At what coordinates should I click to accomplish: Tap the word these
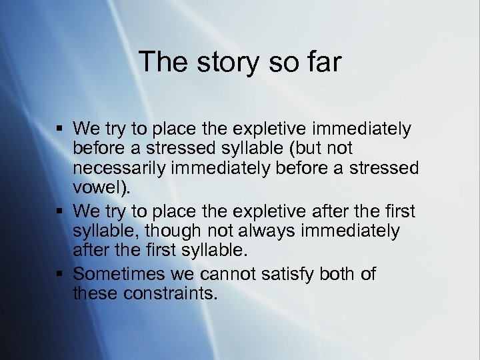[x=95, y=293]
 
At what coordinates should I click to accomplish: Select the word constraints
[x=170, y=293]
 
